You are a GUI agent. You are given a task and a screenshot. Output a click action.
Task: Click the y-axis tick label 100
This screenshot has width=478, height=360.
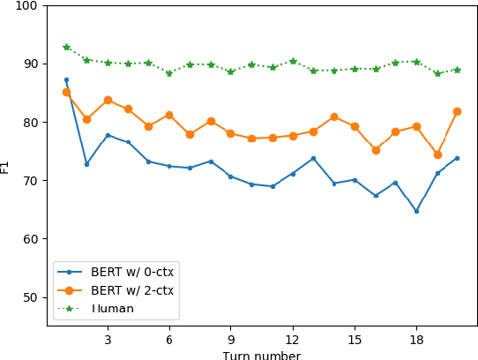(26, 5)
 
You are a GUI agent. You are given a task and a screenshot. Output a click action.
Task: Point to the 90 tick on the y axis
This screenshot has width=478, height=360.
(30, 64)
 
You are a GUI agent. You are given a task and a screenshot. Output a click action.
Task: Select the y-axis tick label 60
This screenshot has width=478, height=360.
(30, 239)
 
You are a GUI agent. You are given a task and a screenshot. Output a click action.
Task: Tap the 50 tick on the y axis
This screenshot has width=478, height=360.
(30, 297)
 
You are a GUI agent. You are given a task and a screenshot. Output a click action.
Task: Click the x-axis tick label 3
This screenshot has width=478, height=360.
(108, 339)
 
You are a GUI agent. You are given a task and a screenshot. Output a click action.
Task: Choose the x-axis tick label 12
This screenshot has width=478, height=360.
(293, 339)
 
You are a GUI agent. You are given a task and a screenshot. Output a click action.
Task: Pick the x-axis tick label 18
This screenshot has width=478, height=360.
(416, 339)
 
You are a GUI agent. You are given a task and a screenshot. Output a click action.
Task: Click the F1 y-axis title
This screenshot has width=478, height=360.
(6, 165)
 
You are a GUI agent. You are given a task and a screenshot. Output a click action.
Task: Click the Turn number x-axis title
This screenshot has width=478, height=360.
(261, 355)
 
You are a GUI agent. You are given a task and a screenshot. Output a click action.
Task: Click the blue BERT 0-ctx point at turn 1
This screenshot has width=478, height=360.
(66, 79)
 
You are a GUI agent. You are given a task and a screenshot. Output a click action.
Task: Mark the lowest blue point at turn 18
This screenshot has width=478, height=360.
(416, 211)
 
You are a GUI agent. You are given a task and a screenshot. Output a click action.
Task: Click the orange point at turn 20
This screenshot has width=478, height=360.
(457, 111)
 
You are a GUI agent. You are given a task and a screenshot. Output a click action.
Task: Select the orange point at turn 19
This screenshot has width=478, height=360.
(437, 154)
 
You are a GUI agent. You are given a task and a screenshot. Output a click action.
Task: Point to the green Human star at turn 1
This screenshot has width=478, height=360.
(66, 47)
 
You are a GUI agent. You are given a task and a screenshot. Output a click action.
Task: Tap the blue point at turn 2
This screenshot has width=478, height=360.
(86, 164)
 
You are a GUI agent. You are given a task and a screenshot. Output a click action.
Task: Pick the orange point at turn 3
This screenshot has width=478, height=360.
(108, 100)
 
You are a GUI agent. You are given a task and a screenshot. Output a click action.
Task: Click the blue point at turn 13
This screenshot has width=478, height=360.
(313, 158)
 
